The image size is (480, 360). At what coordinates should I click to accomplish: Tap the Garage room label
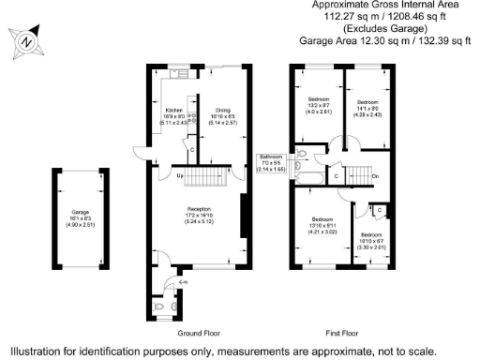81,212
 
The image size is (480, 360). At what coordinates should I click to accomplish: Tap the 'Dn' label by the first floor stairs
375,176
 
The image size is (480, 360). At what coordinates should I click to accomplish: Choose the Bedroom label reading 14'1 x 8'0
367,101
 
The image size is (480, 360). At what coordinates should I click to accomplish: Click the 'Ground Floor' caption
198,333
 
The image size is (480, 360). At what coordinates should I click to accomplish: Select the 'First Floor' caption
342,333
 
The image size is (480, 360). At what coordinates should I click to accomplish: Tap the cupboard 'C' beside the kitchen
191,150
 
